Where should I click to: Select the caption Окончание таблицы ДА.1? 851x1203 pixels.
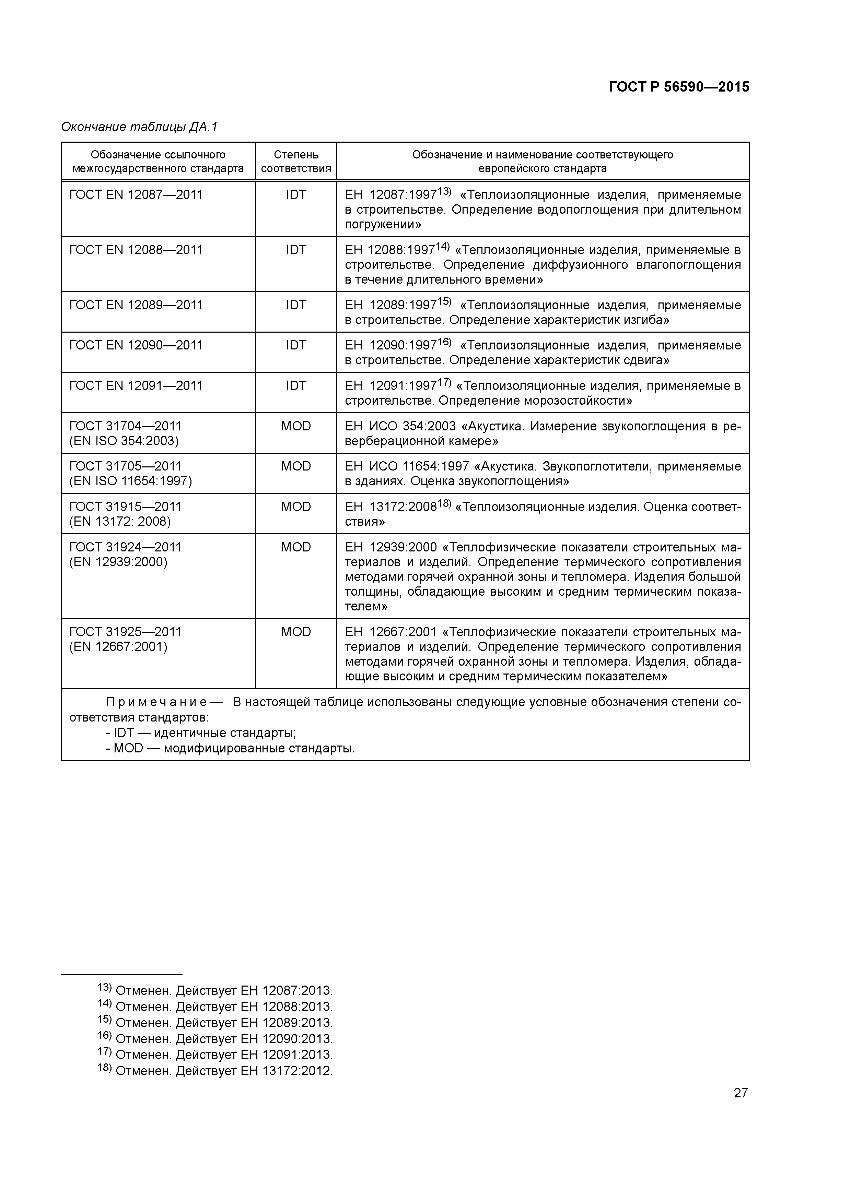coord(139,127)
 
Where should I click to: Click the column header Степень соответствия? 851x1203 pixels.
coord(296,162)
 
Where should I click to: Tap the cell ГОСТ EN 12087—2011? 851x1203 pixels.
coord(136,195)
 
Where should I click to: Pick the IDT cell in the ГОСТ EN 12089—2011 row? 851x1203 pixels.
coord(296,305)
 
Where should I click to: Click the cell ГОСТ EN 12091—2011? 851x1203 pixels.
coord(136,386)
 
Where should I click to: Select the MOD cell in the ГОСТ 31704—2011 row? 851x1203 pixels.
coord(296,426)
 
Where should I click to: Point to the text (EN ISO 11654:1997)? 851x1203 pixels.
coord(130,481)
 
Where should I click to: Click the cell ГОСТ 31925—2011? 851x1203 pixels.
coord(125,632)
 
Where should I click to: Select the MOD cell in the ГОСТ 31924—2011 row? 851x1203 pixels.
coord(296,547)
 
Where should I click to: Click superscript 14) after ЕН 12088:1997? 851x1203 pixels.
coord(443,246)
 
